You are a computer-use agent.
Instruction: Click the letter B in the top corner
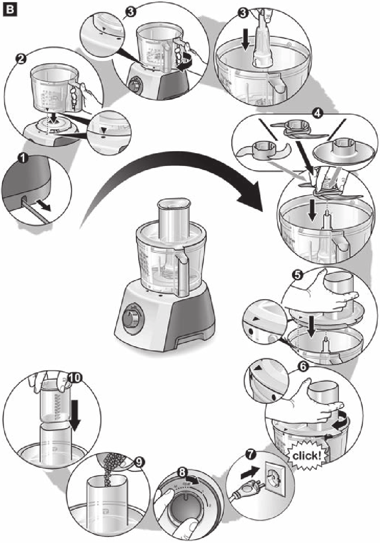(8, 8)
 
